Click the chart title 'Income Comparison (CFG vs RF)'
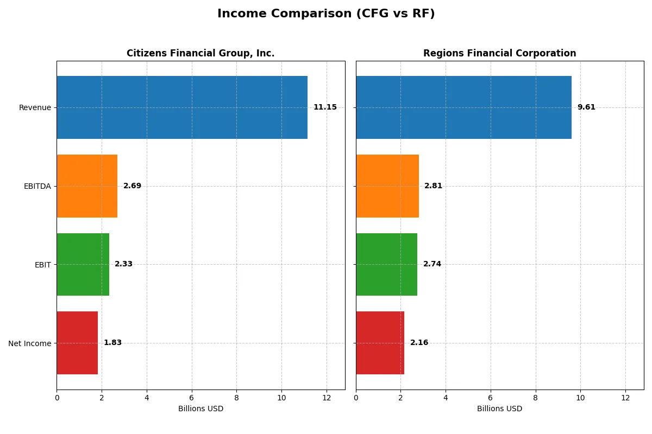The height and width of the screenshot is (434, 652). tap(326, 14)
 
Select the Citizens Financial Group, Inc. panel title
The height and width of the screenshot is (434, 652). tap(200, 53)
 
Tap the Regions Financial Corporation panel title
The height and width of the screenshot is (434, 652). tap(499, 53)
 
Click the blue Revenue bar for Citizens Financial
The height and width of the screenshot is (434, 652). tap(182, 107)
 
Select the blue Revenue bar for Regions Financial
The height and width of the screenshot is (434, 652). tap(463, 107)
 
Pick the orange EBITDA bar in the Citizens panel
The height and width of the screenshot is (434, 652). tap(87, 186)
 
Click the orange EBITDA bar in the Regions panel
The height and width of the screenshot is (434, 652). tap(387, 186)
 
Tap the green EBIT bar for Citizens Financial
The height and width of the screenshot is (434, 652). tap(83, 264)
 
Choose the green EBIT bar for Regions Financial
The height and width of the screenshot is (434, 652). tap(386, 264)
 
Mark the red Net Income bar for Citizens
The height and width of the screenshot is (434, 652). tap(77, 343)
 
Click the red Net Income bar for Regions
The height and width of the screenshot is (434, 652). tap(380, 343)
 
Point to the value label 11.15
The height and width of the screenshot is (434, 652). tap(325, 107)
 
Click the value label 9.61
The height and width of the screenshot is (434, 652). tap(586, 107)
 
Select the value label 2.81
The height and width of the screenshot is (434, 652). tap(433, 186)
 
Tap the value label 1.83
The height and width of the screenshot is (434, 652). tap(112, 343)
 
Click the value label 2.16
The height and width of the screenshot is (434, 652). tap(419, 343)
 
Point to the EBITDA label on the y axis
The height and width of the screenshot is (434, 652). tap(37, 186)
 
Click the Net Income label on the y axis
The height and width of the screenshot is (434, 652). tap(30, 343)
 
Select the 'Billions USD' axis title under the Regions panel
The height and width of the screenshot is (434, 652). tap(499, 409)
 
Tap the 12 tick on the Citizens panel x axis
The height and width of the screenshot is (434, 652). tap(327, 398)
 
